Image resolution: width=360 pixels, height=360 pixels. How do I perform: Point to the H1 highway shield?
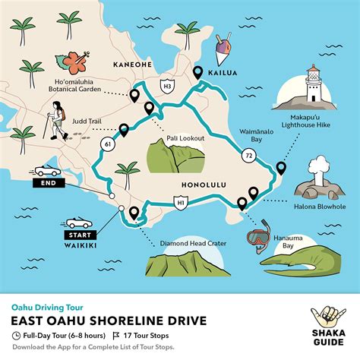tap(181, 203)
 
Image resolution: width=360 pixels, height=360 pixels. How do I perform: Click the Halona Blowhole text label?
tap(318, 204)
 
